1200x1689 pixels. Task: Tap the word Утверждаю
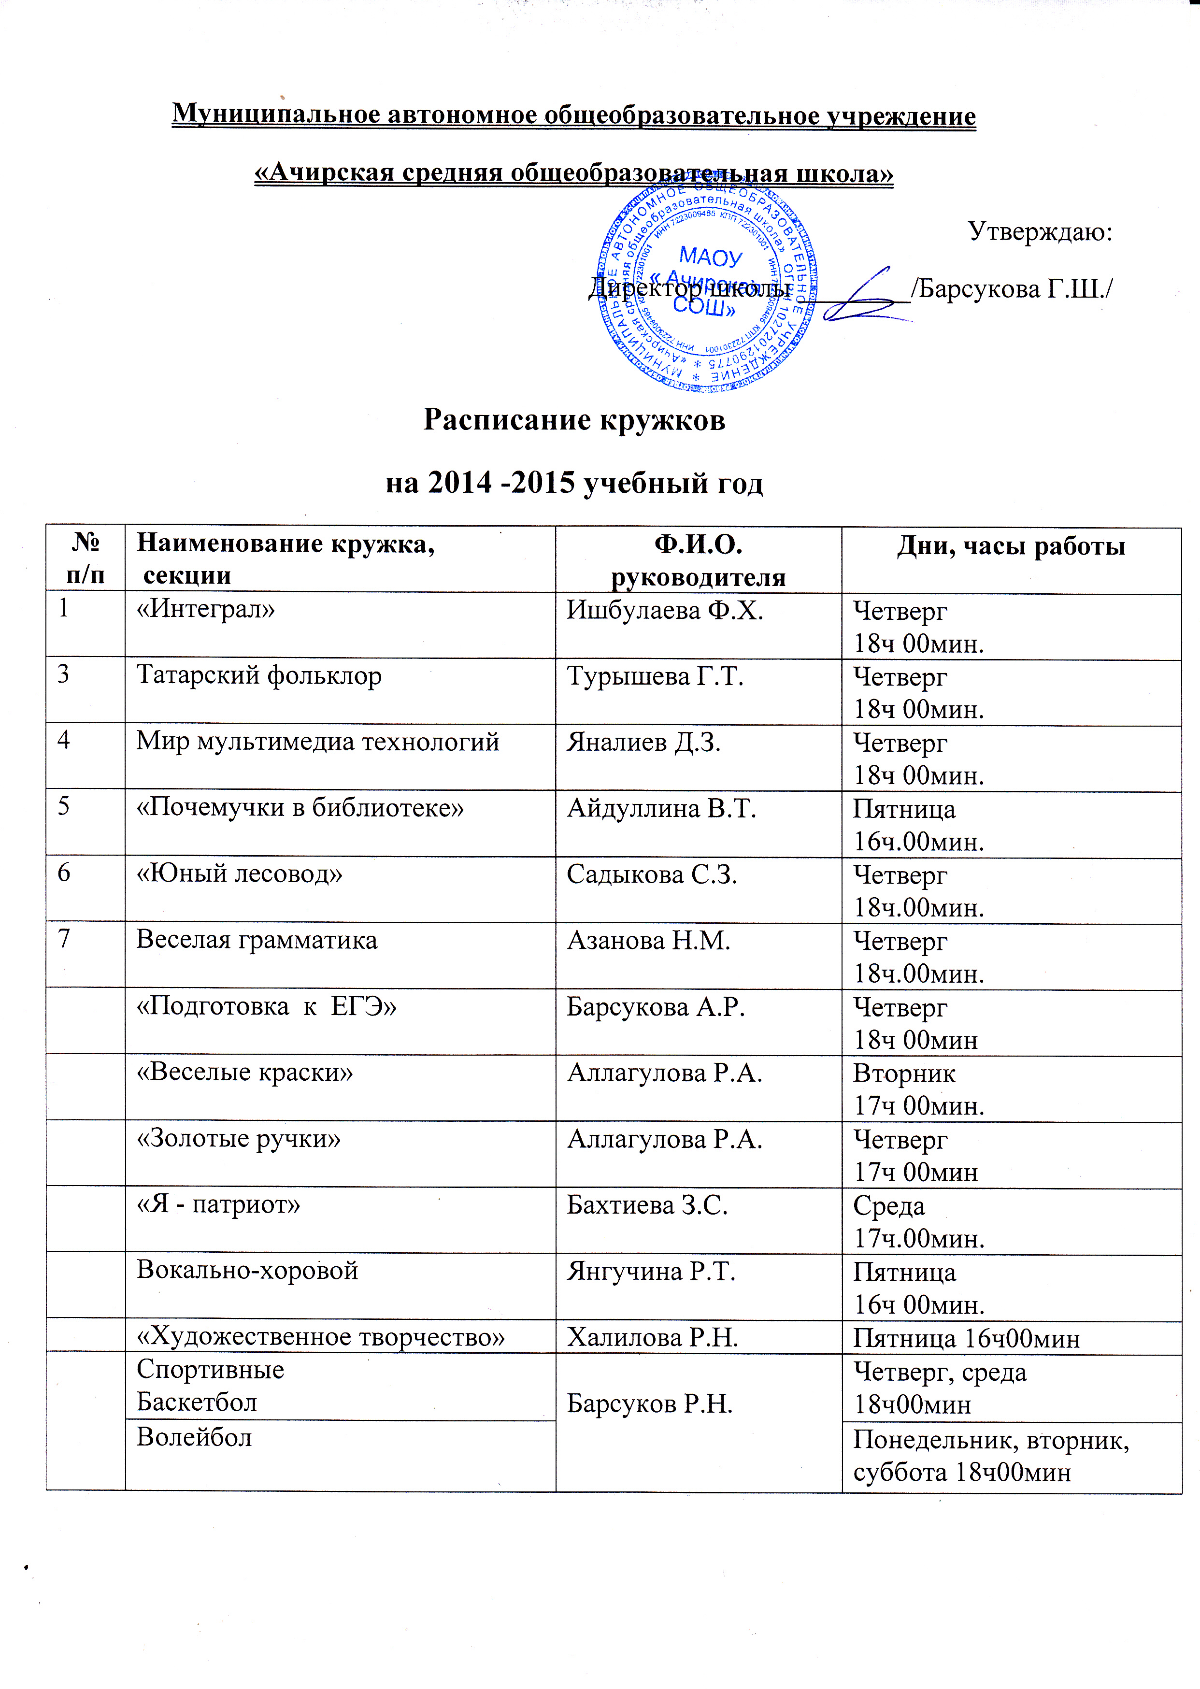pos(1040,232)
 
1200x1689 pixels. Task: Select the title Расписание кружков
pos(574,420)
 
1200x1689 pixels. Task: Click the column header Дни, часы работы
pos(1011,546)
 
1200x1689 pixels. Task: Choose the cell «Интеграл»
pos(205,610)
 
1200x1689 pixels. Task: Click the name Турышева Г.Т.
pos(655,676)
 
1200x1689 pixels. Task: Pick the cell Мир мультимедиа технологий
pos(318,742)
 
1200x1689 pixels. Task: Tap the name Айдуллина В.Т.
pos(661,808)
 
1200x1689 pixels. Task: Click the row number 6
pos(64,873)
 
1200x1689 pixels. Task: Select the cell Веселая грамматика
pos(257,940)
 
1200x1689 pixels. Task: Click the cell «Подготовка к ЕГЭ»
pos(267,1006)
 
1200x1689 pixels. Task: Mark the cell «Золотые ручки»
pos(239,1139)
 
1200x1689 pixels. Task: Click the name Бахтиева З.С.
pos(647,1205)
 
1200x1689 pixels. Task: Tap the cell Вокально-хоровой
pos(247,1270)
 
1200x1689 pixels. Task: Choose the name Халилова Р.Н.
pos(653,1337)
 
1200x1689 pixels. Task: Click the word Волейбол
pos(194,1437)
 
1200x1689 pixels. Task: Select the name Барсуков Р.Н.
pos(649,1403)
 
